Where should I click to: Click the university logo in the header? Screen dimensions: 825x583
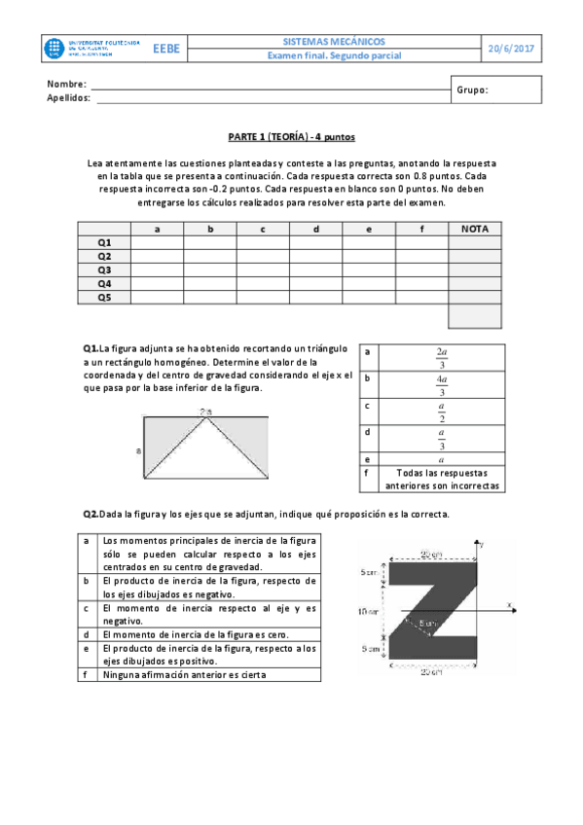tap(91, 50)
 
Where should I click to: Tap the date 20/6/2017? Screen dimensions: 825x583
tap(512, 49)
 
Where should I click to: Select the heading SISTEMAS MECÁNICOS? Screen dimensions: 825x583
tap(334, 43)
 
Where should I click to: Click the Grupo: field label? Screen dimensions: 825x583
tap(472, 90)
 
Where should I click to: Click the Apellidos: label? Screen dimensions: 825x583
tap(69, 97)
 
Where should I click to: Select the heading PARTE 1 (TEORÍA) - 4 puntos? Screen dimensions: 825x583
tap(291, 139)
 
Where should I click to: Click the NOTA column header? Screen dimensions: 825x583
tap(474, 229)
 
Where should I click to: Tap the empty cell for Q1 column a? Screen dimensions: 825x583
tap(157, 242)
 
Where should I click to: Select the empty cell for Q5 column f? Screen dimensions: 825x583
tap(420, 297)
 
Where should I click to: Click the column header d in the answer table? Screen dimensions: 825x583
tap(315, 229)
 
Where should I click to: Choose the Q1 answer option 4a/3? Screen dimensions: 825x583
tap(442, 384)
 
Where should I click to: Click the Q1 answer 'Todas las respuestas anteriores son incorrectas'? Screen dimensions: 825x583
tap(442, 478)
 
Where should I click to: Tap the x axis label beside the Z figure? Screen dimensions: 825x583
tap(510, 605)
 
